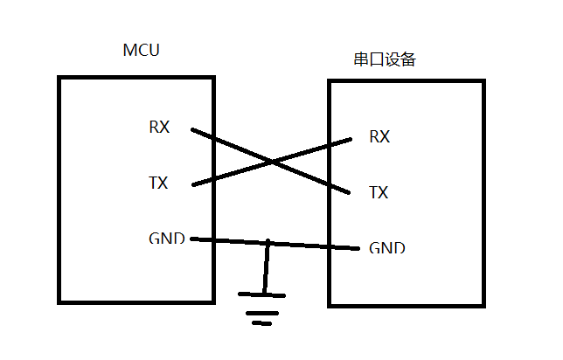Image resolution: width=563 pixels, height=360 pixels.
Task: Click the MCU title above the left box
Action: pos(142,50)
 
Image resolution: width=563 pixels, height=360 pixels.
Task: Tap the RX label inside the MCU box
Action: pos(159,128)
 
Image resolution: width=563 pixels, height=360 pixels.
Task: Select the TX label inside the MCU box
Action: pos(158,183)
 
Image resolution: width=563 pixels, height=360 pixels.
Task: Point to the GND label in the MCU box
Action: pos(166,239)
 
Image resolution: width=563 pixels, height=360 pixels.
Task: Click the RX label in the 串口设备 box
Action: pos(379,136)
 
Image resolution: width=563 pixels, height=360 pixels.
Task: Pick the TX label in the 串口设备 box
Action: pos(379,193)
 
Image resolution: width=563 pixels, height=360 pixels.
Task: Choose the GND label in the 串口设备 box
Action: pos(387,248)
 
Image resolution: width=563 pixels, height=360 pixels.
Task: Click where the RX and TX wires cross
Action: pos(273,162)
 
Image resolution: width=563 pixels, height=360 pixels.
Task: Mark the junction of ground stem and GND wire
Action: pos(268,242)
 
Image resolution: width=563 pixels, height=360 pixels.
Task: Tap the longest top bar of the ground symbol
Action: pos(261,295)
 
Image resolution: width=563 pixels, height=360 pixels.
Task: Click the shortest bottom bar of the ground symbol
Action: pos(263,322)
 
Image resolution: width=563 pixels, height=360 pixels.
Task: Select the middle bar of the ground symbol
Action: pos(261,311)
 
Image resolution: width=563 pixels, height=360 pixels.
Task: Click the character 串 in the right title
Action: pos(360,60)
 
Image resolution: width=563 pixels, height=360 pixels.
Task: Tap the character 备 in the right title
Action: pos(407,60)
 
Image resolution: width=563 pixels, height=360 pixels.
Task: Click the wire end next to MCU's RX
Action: pos(193,131)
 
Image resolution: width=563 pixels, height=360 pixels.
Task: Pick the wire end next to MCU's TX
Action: pos(193,184)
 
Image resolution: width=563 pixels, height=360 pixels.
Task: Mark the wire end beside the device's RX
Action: pos(351,138)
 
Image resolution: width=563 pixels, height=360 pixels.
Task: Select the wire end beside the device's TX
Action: pos(351,191)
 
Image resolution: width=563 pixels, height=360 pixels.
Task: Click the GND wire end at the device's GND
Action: pos(358,248)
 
